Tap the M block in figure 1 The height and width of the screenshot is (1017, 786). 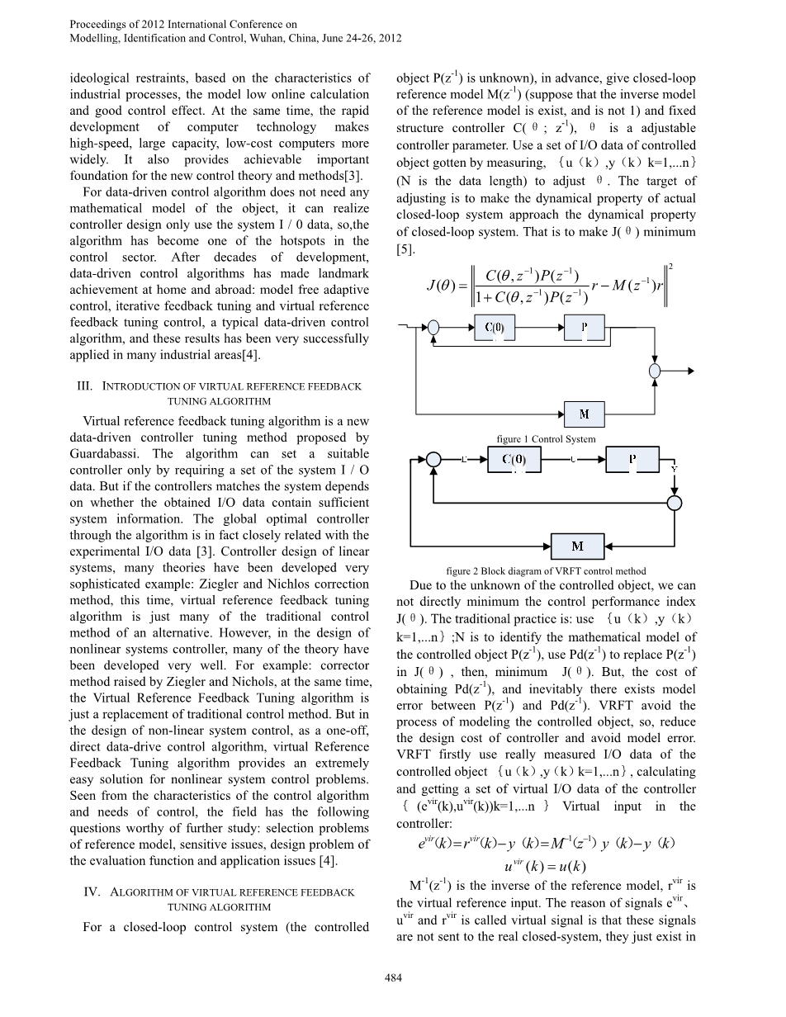(584, 413)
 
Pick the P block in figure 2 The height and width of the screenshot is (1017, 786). (632, 459)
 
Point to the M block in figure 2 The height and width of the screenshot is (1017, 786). (577, 546)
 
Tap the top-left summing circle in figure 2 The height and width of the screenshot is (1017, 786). (433, 460)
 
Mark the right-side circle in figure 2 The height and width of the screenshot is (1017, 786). (675, 502)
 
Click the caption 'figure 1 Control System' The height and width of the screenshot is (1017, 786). (546, 438)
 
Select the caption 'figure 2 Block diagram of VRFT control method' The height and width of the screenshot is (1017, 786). (545, 571)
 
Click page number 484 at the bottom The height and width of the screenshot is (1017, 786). (393, 978)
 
